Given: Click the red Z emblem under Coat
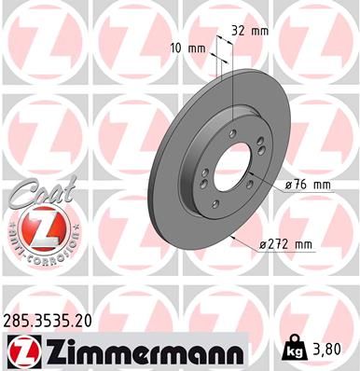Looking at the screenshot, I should (40, 228).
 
